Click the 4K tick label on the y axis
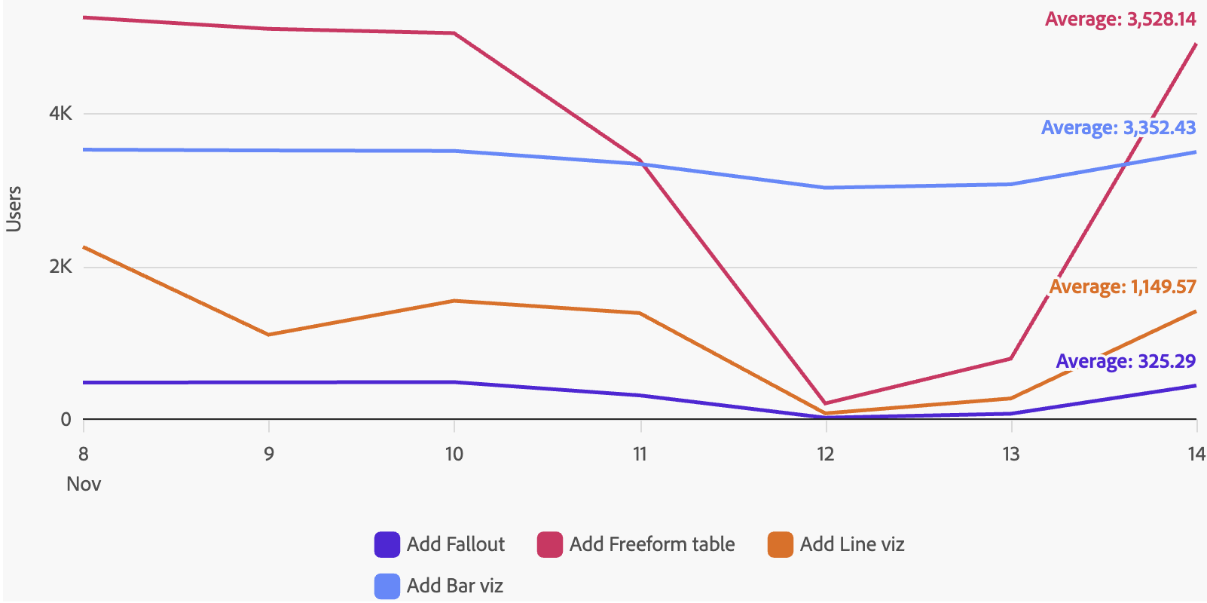click(60, 114)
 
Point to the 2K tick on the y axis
click(60, 267)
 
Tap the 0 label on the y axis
click(66, 419)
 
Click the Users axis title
click(14, 209)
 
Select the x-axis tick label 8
click(83, 454)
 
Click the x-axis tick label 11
click(640, 454)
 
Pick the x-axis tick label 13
click(1010, 454)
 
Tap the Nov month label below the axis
click(84, 484)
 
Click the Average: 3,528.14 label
click(1120, 20)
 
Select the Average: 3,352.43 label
click(1118, 128)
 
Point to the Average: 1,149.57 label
click(1122, 287)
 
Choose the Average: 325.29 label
click(1126, 362)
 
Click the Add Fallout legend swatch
click(387, 544)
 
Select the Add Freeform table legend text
click(652, 544)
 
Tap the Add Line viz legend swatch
click(780, 544)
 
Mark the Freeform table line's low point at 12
click(826, 403)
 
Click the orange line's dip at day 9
click(269, 335)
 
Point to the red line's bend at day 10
click(454, 33)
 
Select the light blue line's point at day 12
click(826, 188)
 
